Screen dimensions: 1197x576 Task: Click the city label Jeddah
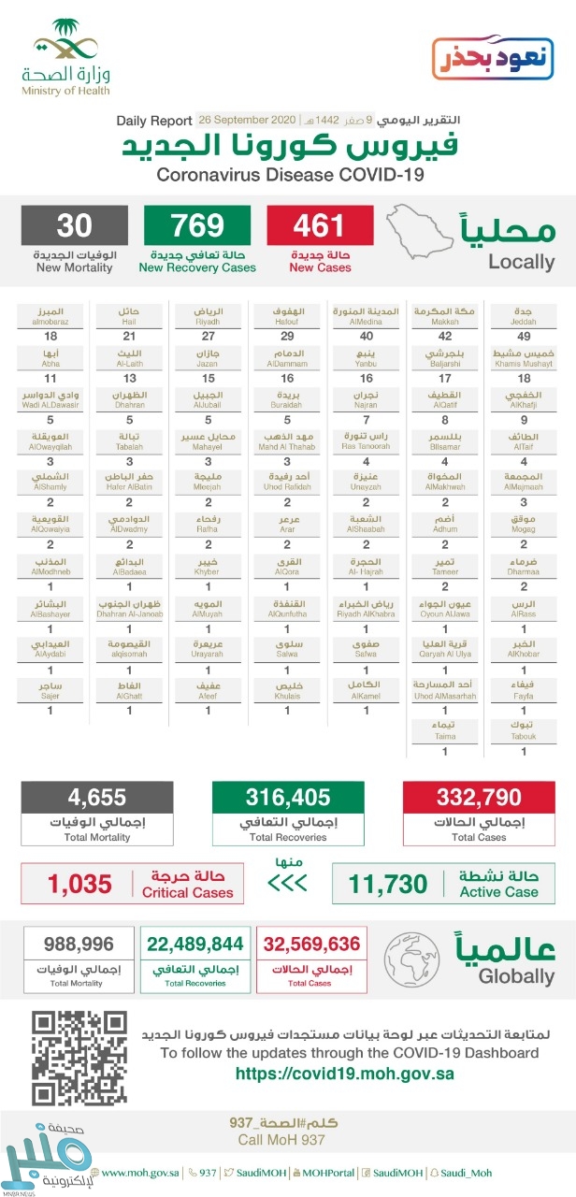pyautogui.click(x=524, y=314)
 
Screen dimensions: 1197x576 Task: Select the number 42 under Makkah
pyautogui.click(x=444, y=336)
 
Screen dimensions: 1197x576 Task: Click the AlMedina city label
pyautogui.click(x=366, y=314)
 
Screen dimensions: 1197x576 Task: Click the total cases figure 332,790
pyautogui.click(x=478, y=798)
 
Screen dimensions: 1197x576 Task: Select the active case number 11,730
pyautogui.click(x=387, y=883)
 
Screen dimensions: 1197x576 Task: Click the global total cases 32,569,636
pyautogui.click(x=311, y=944)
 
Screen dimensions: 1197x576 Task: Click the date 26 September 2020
pyautogui.click(x=246, y=121)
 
